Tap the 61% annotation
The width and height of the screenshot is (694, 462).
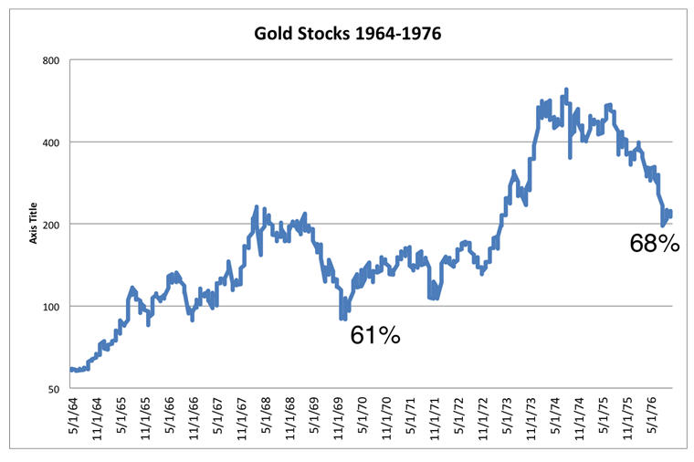[x=375, y=335]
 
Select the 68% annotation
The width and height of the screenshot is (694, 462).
[x=655, y=243]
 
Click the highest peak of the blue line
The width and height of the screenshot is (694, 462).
[x=566, y=89]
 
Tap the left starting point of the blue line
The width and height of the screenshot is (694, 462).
[x=70, y=369]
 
